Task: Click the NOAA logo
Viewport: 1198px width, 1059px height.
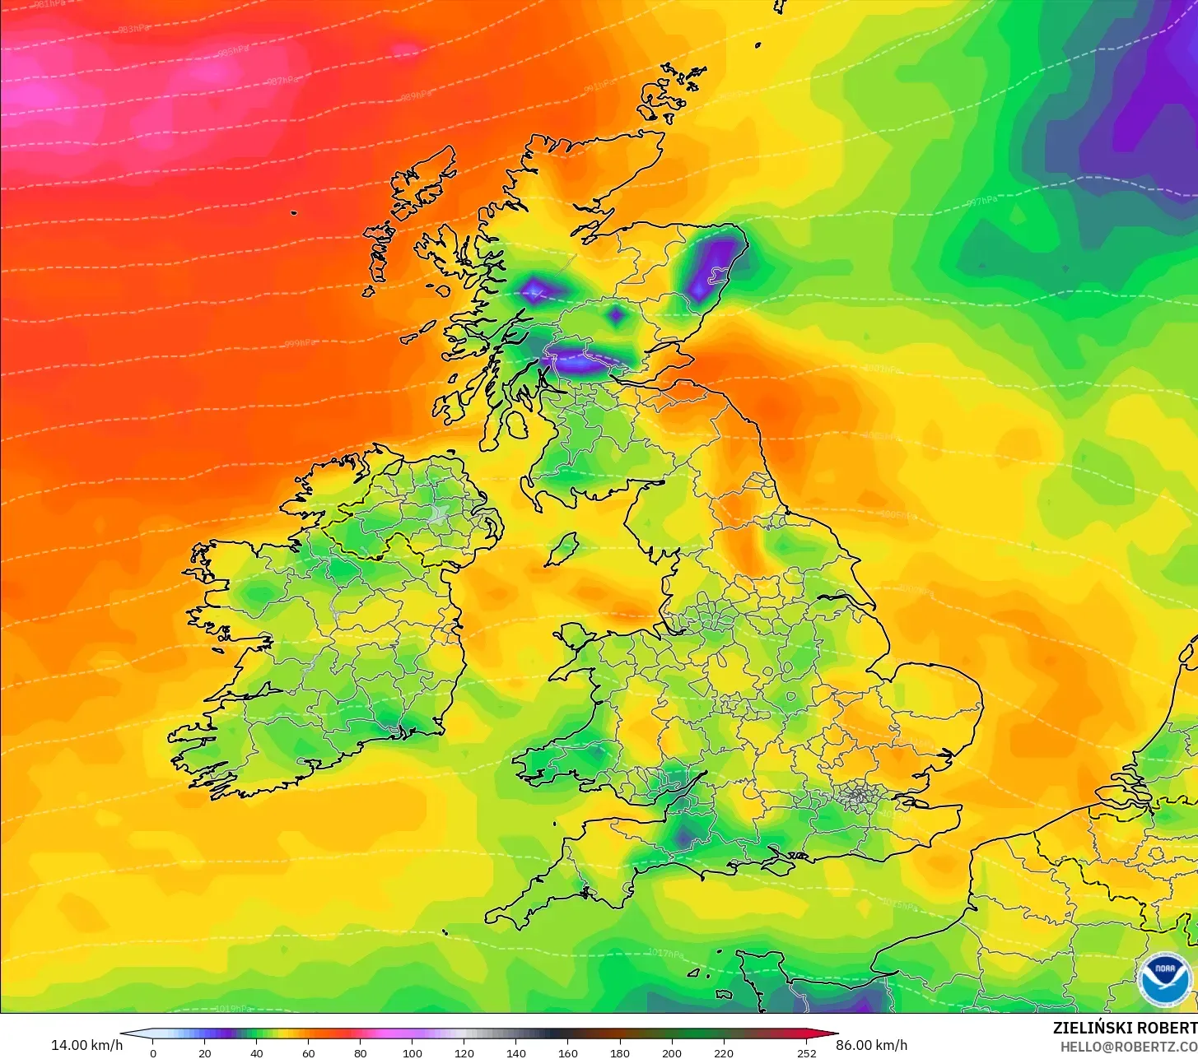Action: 1164,979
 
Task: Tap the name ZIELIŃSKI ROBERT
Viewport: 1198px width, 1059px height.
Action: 1125,1028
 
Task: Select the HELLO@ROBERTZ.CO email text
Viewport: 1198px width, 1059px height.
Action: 1129,1047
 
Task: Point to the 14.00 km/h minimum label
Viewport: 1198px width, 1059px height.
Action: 86,1045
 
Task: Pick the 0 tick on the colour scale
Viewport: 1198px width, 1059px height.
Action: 152,1053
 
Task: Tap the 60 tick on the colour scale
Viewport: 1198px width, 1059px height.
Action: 309,1053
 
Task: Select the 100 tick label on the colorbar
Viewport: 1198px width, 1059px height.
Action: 413,1053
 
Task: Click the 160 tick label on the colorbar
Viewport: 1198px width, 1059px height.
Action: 568,1053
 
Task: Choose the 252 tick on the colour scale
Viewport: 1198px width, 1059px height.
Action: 807,1053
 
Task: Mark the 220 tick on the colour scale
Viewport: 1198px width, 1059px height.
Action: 724,1053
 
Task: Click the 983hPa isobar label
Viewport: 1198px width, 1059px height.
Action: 133,29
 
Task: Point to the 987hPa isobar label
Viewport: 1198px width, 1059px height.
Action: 282,81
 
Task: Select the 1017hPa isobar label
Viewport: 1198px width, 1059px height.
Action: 665,954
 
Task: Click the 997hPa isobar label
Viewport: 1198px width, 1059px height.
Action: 981,201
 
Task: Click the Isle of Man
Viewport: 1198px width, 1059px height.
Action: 562,549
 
